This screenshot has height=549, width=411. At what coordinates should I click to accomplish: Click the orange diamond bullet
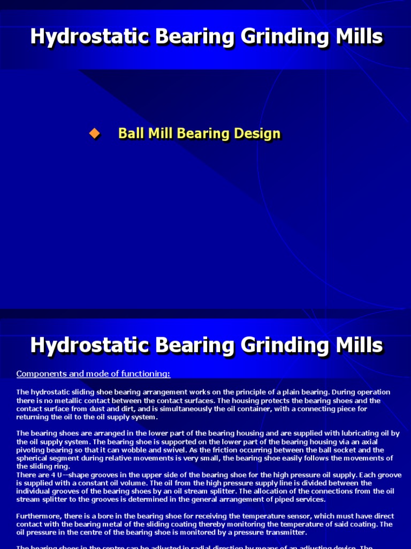95,134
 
